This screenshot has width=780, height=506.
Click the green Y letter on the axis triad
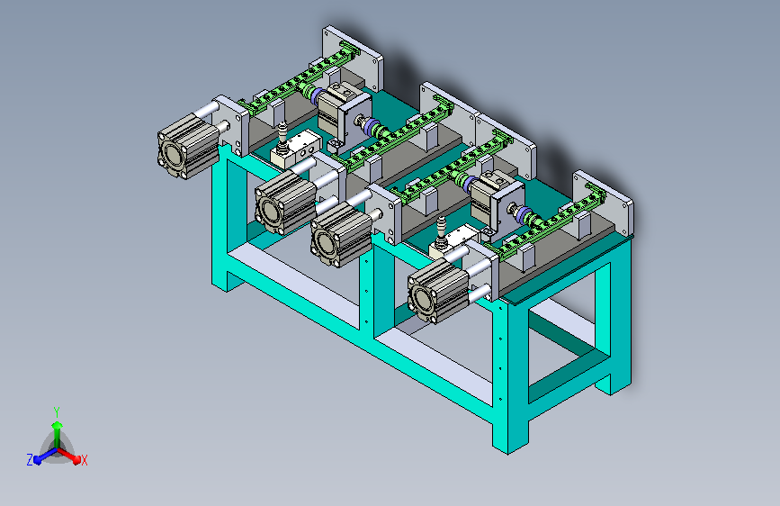[57, 412]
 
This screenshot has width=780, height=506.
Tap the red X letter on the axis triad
[84, 461]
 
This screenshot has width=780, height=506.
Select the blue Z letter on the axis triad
[30, 460]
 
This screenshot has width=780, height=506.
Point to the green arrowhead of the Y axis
[58, 426]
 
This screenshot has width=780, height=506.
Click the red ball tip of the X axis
[76, 460]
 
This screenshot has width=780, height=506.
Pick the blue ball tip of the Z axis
[38, 459]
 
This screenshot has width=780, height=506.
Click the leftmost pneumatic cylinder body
[187, 146]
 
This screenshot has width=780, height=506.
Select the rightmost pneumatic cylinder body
[438, 291]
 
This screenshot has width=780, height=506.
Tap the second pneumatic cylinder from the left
[285, 203]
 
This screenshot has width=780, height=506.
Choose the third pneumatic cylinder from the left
[341, 235]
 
